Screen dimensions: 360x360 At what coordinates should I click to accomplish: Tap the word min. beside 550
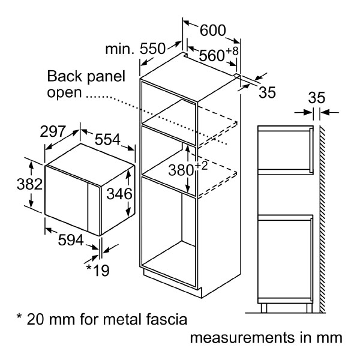click(120, 49)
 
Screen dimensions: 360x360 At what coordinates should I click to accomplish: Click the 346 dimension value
click(115, 193)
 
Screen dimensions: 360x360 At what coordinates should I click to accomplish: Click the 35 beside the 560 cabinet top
click(268, 92)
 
